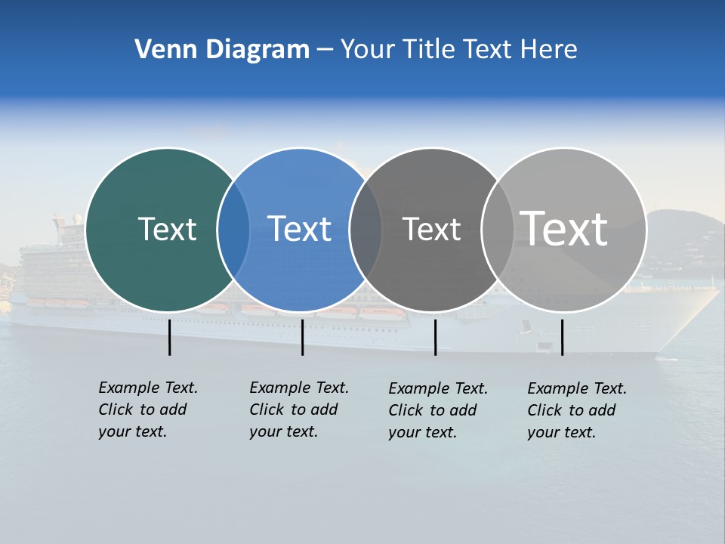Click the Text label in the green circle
(167, 229)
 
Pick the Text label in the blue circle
(299, 229)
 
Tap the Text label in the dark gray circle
(431, 230)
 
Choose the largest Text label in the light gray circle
(564, 228)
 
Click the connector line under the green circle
(169, 337)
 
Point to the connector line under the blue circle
(302, 337)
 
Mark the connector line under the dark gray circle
(435, 337)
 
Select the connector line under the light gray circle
(562, 337)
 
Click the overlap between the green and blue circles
(233, 230)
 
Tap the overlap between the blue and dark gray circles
(366, 230)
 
